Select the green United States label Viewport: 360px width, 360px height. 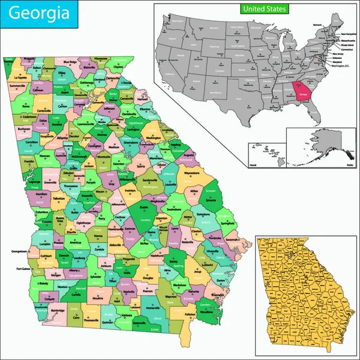pos(264,9)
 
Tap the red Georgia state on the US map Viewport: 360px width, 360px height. pos(302,92)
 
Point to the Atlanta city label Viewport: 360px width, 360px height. pos(62,137)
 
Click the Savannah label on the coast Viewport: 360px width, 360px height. pos(235,239)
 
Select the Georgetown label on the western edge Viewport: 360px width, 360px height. pos(17,251)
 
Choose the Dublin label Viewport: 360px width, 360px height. pos(143,207)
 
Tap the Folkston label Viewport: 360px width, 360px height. pos(190,314)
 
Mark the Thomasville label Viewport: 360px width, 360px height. pos(91,320)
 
